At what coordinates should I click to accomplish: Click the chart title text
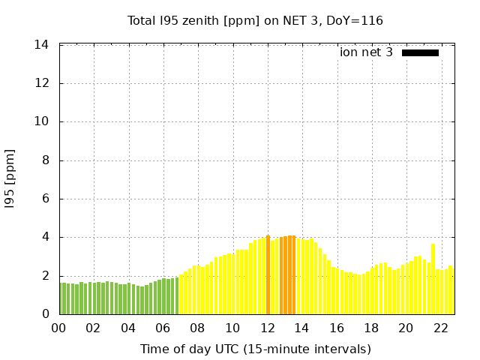[x=255, y=20]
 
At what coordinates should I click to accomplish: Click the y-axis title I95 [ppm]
[x=10, y=179]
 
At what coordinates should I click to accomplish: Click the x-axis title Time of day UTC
[x=255, y=349]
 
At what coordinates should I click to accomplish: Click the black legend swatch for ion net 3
[x=420, y=52]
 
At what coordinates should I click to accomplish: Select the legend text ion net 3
[x=366, y=52]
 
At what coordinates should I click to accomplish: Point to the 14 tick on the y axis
[x=42, y=45]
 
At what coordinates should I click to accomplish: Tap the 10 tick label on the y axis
[x=42, y=121]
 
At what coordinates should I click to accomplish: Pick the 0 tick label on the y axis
[x=45, y=314]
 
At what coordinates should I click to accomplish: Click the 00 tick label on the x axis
[x=59, y=328]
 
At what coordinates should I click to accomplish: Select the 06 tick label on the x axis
[x=163, y=328]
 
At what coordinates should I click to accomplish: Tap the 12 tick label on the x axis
[x=268, y=328]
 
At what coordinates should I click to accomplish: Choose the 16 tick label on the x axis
[x=337, y=328]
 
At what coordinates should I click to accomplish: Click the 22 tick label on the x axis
[x=441, y=328]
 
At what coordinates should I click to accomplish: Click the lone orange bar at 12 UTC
[x=268, y=276]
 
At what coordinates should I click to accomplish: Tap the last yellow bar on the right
[x=451, y=290]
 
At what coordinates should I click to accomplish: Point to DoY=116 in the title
[x=356, y=20]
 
